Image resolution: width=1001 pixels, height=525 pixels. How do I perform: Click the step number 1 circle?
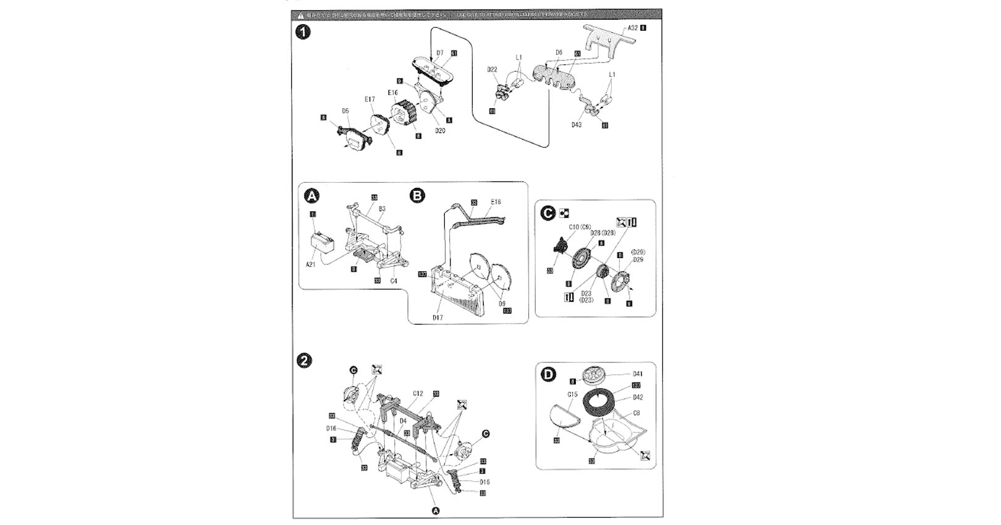click(x=303, y=33)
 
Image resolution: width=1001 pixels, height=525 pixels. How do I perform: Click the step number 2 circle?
click(x=304, y=361)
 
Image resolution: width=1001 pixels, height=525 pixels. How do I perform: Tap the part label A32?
click(x=632, y=28)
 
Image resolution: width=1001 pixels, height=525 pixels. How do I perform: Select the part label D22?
click(x=492, y=70)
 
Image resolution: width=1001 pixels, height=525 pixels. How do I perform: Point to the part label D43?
click(x=576, y=125)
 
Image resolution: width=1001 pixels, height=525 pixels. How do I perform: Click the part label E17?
click(x=370, y=99)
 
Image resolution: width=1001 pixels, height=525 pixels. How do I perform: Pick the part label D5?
click(x=345, y=111)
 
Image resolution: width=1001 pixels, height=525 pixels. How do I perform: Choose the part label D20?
click(x=440, y=131)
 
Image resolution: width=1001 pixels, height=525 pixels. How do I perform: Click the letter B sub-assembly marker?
click(x=418, y=196)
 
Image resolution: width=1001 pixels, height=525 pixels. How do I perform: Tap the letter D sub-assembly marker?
click(x=548, y=374)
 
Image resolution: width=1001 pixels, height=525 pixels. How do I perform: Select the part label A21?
click(x=310, y=264)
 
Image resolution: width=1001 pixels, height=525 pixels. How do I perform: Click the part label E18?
click(x=496, y=202)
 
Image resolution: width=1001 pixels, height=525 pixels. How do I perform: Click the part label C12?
click(x=418, y=393)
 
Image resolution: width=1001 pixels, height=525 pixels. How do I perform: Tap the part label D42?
click(x=638, y=397)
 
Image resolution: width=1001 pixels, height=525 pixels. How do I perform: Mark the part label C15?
click(x=572, y=394)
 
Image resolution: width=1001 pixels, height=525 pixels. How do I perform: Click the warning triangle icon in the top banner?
click(x=300, y=14)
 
